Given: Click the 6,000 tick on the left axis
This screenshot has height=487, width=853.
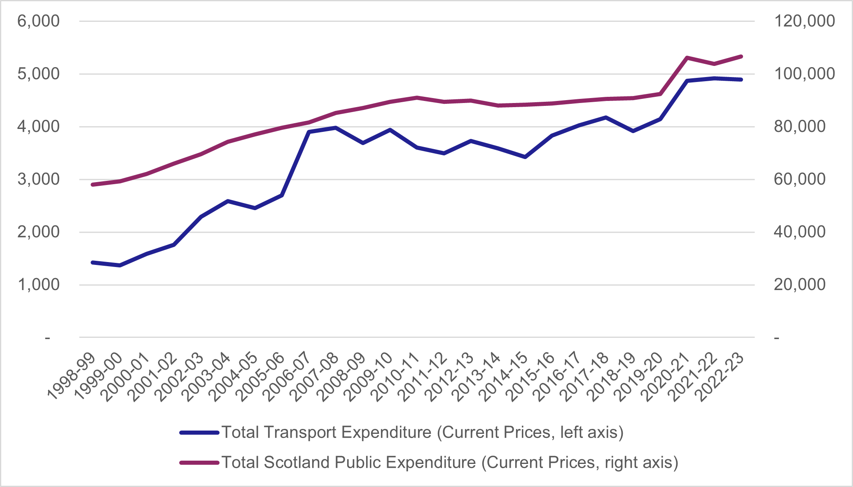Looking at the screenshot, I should (38, 21).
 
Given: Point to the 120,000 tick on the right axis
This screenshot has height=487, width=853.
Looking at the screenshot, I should (804, 21).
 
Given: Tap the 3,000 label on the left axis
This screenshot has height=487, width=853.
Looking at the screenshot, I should (38, 179).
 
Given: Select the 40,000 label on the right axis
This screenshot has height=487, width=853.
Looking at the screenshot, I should (799, 232).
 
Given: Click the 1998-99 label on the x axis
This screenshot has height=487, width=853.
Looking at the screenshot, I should (71, 377).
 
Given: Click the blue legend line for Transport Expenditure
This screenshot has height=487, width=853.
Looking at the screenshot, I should (199, 433).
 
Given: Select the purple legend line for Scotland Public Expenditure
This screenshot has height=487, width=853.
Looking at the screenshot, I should (199, 463).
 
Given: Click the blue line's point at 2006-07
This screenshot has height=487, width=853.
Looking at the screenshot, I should (309, 132).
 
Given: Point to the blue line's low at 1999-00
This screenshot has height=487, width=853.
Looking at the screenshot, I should (120, 265).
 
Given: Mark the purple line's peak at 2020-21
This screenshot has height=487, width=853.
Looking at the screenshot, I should (687, 58).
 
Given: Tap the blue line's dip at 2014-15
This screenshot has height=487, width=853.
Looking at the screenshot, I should (525, 157).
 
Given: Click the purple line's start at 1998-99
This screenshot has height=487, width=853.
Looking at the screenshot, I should (93, 185).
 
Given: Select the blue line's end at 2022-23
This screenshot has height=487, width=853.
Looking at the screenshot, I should (741, 80).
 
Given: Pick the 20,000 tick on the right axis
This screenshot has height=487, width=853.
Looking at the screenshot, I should (799, 285).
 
